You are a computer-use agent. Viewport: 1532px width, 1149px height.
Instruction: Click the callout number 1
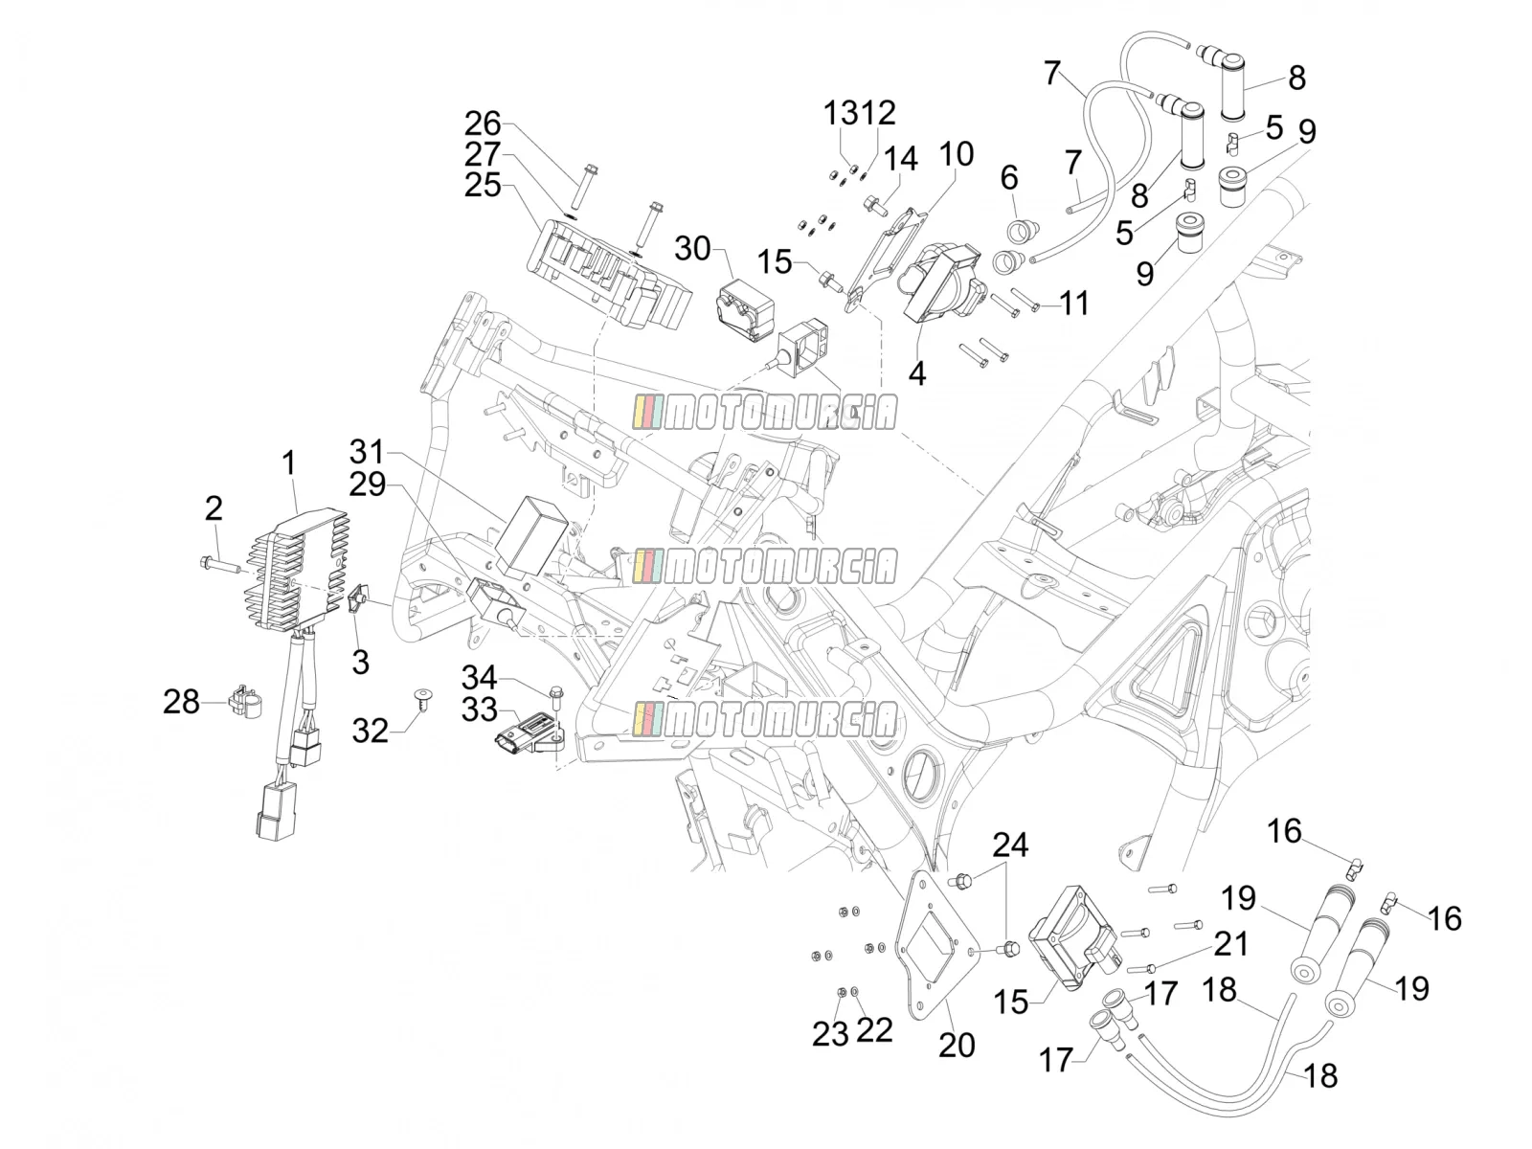pos(288,464)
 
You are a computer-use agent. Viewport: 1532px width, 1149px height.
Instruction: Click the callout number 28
pos(182,702)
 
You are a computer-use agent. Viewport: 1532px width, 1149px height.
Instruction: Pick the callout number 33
pos(479,710)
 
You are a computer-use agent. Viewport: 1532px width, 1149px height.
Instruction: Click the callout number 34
pos(479,677)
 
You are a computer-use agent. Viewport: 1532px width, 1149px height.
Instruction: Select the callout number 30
pos(692,249)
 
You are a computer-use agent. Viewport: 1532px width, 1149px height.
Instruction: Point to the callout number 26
pos(483,124)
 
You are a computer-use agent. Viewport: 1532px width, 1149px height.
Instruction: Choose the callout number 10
pos(956,154)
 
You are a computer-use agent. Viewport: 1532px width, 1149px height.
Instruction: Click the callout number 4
pos(917,374)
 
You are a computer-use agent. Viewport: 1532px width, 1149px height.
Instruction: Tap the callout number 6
pos(1009,178)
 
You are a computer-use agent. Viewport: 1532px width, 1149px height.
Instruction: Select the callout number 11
pos(1074,304)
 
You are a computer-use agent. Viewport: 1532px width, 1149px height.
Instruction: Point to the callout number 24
pos(1010,845)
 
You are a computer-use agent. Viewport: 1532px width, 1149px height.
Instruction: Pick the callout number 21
pos(1230,944)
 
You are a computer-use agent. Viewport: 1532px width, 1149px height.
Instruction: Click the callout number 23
pos(830,1035)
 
